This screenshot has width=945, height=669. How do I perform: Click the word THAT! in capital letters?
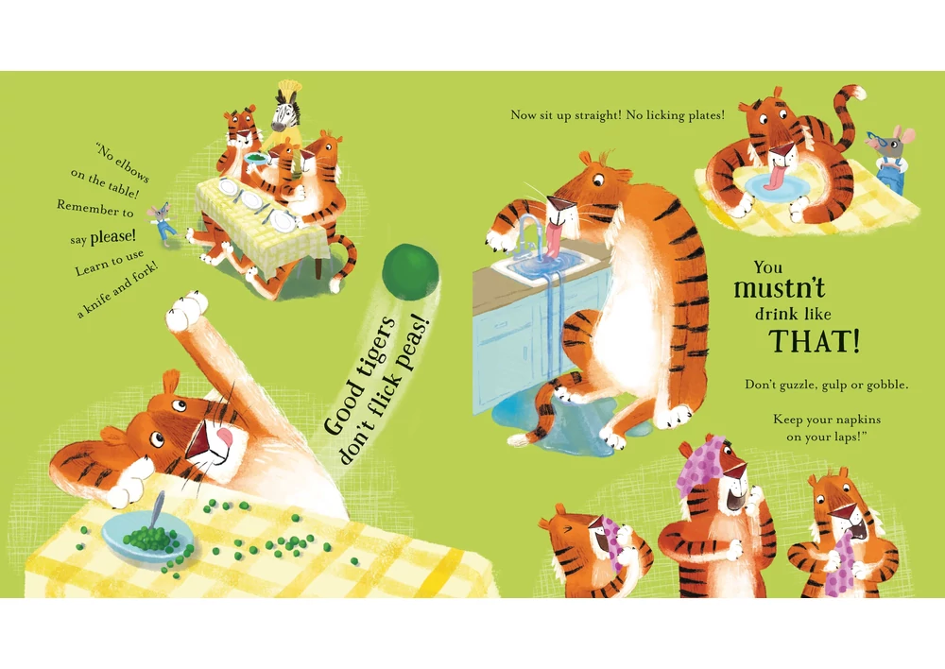point(814,340)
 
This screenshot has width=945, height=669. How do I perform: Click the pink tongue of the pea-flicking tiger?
point(223,437)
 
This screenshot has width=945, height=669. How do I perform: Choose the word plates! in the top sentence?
point(702,115)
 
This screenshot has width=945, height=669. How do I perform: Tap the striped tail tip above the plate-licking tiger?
point(855,94)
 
